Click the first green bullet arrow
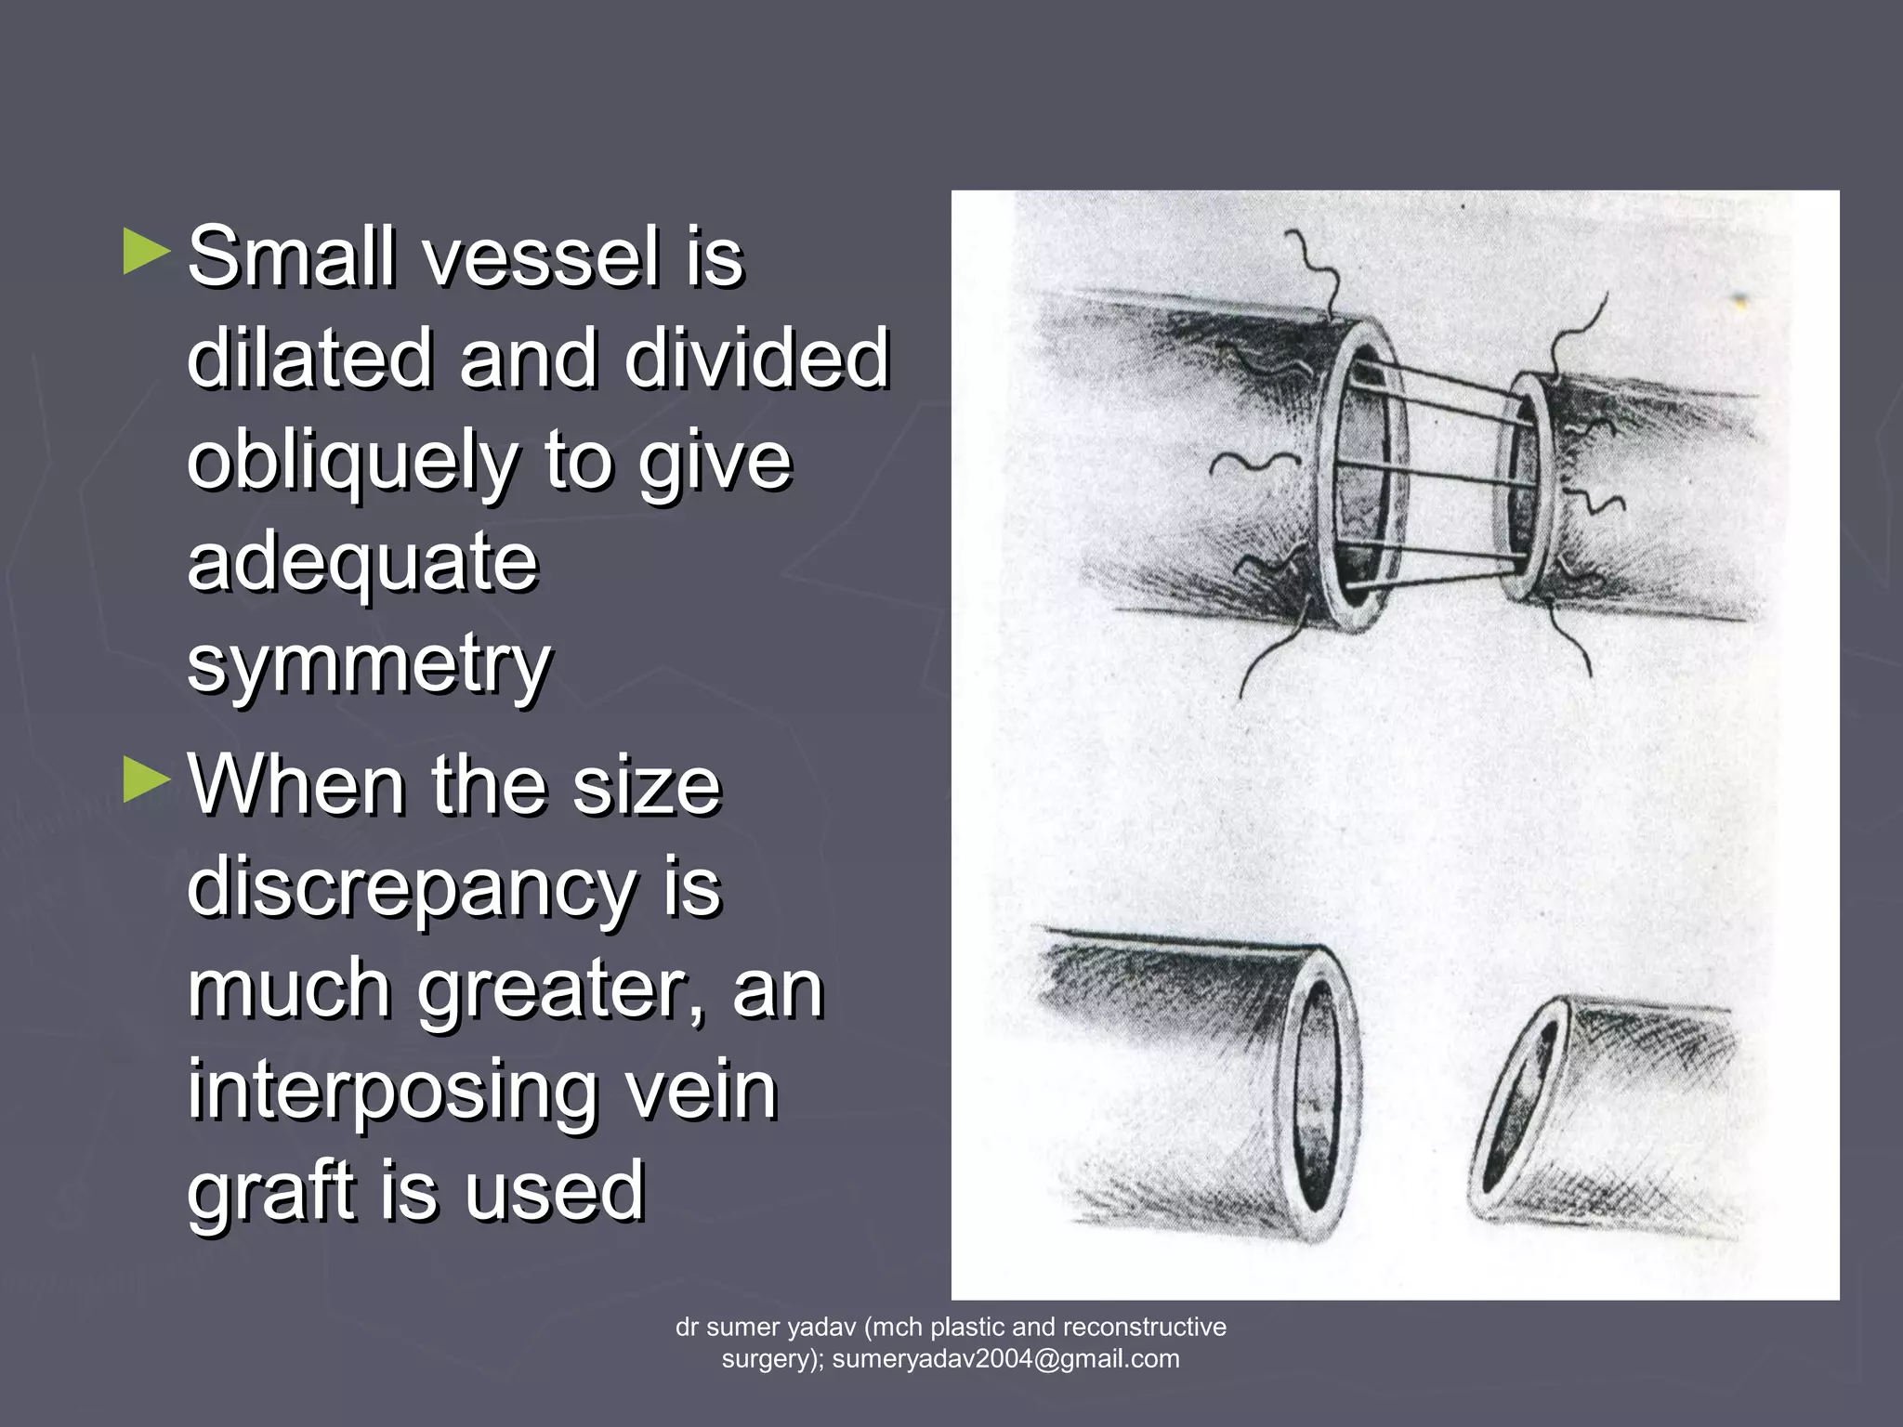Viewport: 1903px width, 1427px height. coord(147,253)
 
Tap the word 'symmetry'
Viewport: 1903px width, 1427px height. coord(369,664)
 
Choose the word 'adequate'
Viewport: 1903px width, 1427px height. coord(362,562)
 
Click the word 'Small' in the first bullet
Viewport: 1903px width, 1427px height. coord(295,256)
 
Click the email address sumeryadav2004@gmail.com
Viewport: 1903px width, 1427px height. coord(1005,1358)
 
